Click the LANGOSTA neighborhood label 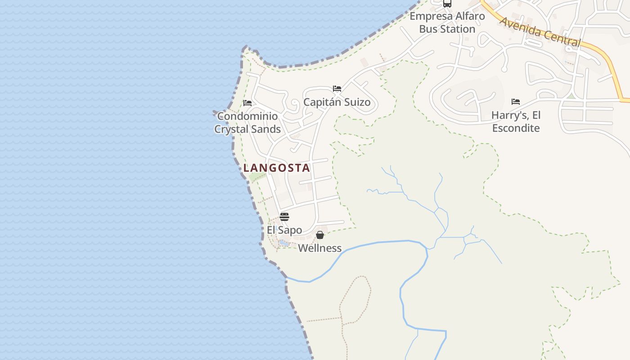pos(277,168)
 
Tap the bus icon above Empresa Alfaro pos(447,4)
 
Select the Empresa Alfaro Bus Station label pos(447,22)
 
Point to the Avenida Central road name pos(540,31)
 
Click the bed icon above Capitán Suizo pos(337,89)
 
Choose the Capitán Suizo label pos(337,102)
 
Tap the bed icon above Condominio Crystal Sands pos(247,103)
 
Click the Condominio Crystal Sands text pos(247,122)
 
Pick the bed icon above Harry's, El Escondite pos(516,102)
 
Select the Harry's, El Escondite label pos(516,121)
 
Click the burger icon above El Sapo pos(284,217)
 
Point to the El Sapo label pos(284,230)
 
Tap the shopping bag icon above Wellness pos(319,235)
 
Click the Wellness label pos(319,248)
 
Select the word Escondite pos(516,128)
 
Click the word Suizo pos(355,102)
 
